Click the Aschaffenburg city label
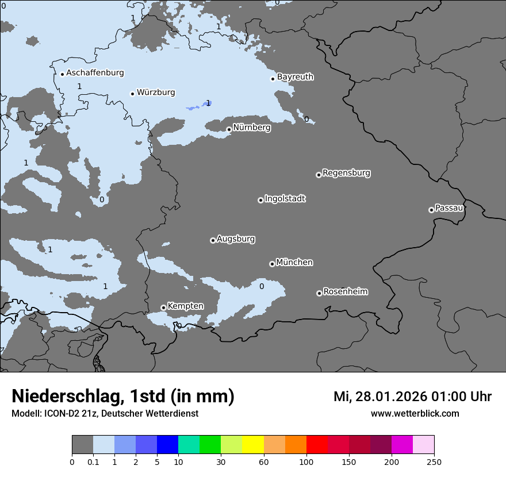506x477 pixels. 95,73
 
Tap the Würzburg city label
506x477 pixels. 156,93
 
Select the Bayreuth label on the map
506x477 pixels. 295,77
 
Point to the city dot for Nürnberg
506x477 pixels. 229,129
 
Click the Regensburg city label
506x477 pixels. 346,173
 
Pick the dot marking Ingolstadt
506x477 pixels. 260,200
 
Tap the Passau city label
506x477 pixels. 449,208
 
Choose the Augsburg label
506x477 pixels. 236,239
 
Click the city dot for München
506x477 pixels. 272,264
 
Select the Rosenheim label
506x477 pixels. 345,292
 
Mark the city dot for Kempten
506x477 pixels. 163,307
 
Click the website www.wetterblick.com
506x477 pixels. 415,414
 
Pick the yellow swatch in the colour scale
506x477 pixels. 253,445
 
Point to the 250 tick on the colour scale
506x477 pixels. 434,461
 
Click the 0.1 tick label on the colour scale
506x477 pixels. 93,461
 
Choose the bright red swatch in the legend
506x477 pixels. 317,445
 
